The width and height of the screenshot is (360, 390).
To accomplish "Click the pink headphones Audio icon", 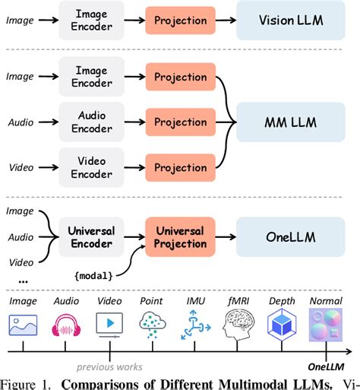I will [x=66, y=327].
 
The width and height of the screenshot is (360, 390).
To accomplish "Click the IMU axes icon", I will [x=196, y=327].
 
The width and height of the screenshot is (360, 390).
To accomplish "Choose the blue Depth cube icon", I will [x=282, y=327].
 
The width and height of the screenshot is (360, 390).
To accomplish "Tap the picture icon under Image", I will [x=23, y=327].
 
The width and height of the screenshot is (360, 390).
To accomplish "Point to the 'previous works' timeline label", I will [x=109, y=364].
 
